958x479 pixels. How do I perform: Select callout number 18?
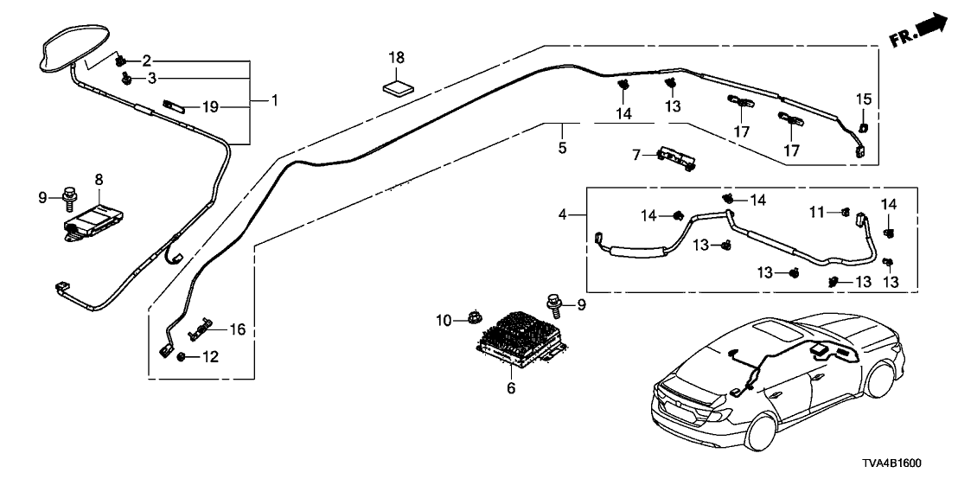point(397,58)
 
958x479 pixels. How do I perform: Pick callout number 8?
point(99,179)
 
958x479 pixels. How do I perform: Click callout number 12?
point(208,357)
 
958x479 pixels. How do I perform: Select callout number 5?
point(563,148)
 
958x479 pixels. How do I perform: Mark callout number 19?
point(208,107)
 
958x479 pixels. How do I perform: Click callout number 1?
point(274,101)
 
